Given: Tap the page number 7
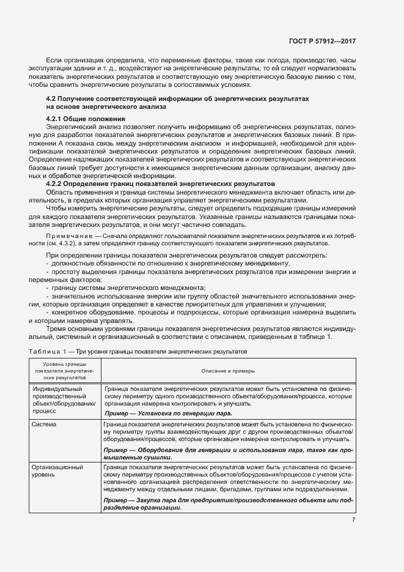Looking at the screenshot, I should pos(353,520).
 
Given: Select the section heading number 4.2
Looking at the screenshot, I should pos(51,98).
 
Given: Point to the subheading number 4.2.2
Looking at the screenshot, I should pos(56,184).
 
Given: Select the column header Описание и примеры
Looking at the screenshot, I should pos(228,371).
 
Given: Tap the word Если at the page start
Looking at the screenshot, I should pos(54,61).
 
